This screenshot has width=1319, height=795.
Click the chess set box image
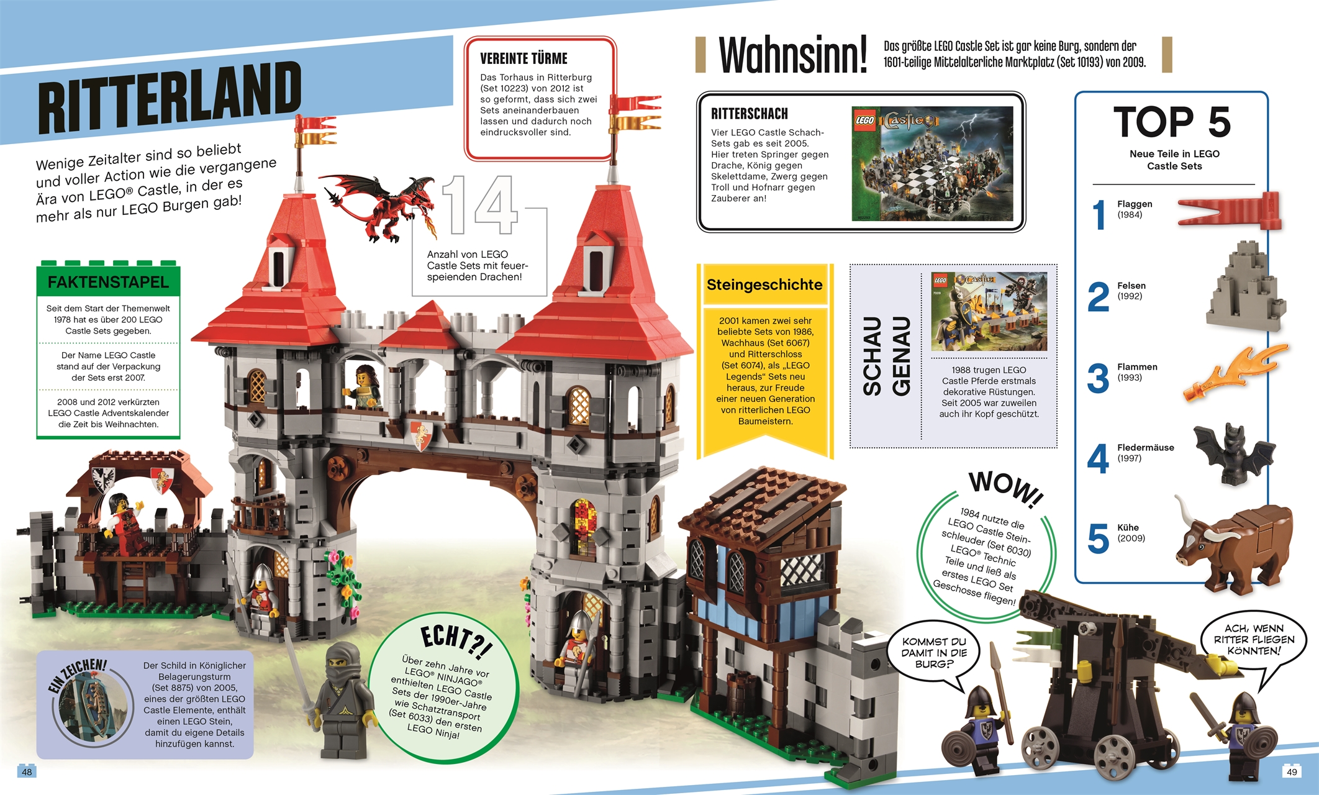point(931,163)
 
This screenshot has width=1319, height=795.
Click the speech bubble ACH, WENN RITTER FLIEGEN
point(1253,640)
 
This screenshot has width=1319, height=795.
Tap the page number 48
point(27,772)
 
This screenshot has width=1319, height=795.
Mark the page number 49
point(1292,772)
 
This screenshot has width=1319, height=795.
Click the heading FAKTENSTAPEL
point(108,283)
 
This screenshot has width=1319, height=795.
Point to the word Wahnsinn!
point(792,56)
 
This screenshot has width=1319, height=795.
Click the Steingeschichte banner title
point(764,285)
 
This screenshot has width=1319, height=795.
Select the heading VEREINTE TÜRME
point(524,59)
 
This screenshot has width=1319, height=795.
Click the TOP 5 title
point(1172,122)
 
